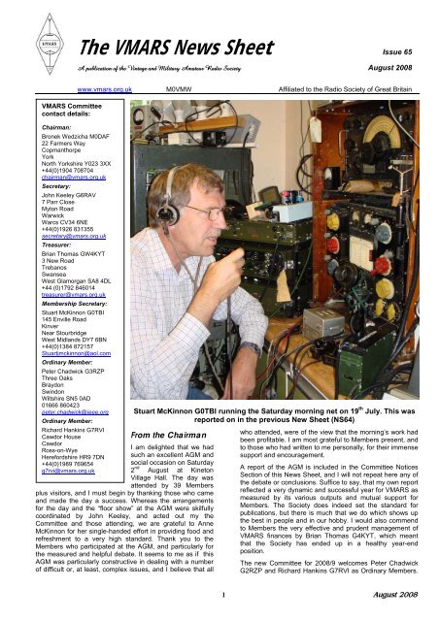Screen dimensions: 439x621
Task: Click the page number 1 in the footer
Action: [x=222, y=605]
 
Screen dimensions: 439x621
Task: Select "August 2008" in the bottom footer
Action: [x=394, y=605]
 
